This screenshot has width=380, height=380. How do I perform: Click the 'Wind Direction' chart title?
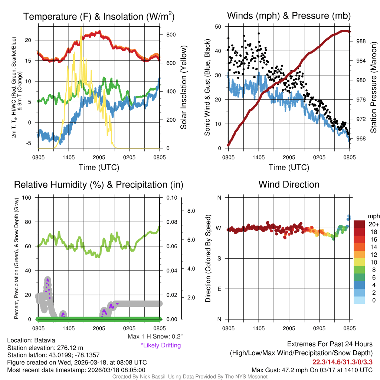289,184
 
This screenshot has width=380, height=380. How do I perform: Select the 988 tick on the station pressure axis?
361,42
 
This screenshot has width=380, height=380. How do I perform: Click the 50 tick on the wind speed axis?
219,27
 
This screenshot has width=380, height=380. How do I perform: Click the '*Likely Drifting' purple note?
161,345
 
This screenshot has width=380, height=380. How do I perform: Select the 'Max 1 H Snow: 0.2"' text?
155,337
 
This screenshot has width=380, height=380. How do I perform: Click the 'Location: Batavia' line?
31,340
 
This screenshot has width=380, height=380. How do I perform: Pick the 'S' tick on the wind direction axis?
219,258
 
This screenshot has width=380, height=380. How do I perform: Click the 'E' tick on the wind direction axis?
219,289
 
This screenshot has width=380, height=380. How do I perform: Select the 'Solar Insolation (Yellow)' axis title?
183,88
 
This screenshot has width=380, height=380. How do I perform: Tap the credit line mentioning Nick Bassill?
190,377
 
